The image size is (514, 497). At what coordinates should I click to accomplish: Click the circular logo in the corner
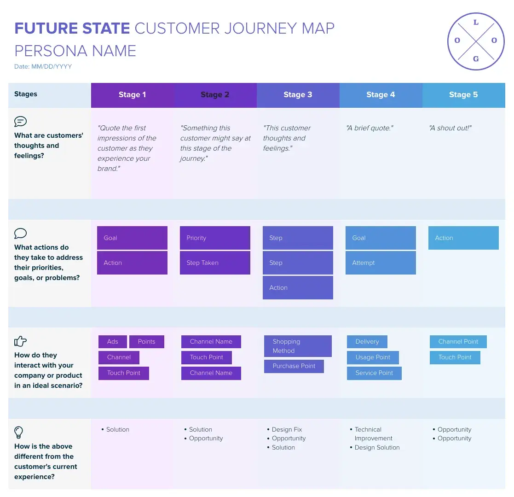476,41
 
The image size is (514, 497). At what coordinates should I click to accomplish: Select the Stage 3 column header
298,95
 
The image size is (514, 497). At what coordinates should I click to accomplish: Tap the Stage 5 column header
463,95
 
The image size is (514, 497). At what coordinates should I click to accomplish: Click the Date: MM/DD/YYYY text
43,67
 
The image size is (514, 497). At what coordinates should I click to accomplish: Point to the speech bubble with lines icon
21,122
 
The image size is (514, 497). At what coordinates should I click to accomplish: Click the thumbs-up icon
21,341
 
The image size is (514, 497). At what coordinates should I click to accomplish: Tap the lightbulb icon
19,433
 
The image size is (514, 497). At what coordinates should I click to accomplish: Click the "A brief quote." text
370,128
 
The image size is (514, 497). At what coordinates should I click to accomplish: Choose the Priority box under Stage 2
215,238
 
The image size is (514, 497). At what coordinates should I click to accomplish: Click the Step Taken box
215,263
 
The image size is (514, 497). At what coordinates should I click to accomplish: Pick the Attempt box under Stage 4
381,263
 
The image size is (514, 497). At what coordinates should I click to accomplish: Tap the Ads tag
112,342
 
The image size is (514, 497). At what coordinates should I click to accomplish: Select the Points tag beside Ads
146,342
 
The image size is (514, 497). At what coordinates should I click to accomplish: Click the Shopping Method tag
298,346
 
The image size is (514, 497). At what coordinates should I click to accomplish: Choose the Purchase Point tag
294,366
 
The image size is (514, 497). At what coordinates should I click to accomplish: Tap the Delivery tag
367,342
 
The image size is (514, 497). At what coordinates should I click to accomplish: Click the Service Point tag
374,373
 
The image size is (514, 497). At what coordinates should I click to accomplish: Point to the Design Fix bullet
287,429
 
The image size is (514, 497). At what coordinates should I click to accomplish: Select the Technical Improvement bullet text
373,434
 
